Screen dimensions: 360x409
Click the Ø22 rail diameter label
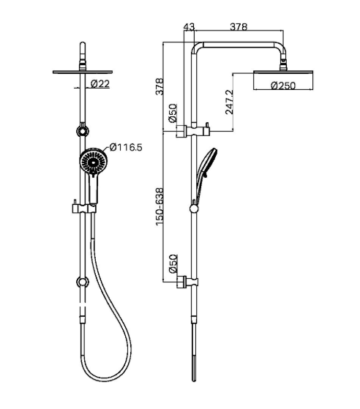pyautogui.click(x=100, y=84)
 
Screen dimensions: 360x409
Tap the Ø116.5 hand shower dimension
pyautogui.click(x=126, y=147)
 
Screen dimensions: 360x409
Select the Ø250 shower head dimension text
pyautogui.click(x=283, y=86)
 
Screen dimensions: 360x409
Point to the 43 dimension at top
pyautogui.click(x=189, y=26)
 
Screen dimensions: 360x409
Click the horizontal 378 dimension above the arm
pyautogui.click(x=239, y=26)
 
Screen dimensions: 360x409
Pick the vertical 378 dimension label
pyautogui.click(x=159, y=86)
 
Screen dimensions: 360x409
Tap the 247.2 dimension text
pyautogui.click(x=229, y=102)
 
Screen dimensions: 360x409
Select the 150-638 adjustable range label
pyautogui.click(x=159, y=207)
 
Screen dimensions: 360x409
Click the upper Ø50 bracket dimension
pyautogui.click(x=173, y=113)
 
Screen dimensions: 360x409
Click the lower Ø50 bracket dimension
pyautogui.click(x=173, y=264)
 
